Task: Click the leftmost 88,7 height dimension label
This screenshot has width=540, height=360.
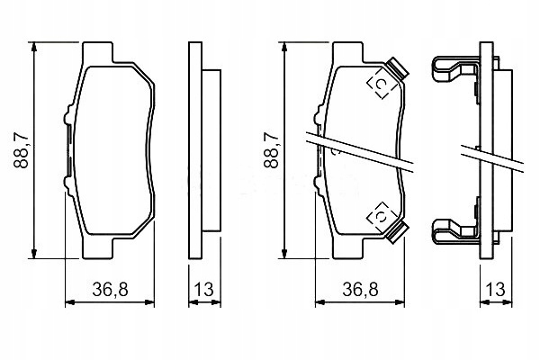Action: [x=21, y=150]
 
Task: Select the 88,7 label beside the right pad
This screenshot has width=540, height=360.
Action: [x=271, y=150]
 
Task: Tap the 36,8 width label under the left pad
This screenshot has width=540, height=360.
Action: [x=110, y=290]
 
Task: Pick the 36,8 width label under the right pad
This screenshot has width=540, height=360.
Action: [x=360, y=290]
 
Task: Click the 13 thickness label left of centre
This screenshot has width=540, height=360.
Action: [x=204, y=290]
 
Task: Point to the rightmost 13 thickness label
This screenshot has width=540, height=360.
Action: [x=496, y=290]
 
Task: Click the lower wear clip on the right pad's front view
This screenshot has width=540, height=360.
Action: [x=396, y=232]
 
